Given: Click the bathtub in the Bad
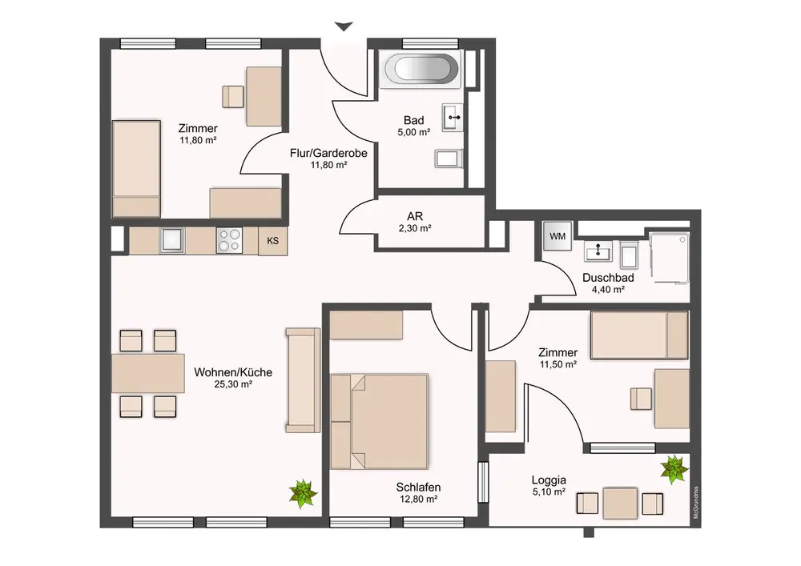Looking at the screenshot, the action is pyautogui.click(x=423, y=68).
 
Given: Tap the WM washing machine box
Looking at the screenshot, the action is pyautogui.click(x=557, y=236).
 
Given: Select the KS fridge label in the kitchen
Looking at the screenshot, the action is pyautogui.click(x=273, y=240).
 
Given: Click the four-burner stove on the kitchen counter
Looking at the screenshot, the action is pyautogui.click(x=229, y=240).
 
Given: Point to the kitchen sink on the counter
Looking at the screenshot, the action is pyautogui.click(x=172, y=240).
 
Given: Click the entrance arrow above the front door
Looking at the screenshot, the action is pyautogui.click(x=344, y=26).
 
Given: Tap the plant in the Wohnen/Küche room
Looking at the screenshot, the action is pyautogui.click(x=303, y=493).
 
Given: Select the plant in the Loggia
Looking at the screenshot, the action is pyautogui.click(x=674, y=470).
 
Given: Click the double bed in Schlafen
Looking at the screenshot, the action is pyautogui.click(x=379, y=422).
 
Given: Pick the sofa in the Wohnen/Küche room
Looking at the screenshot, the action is pyautogui.click(x=303, y=379).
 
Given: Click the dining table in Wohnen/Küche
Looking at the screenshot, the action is pyautogui.click(x=148, y=373).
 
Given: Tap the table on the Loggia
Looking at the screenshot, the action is pyautogui.click(x=620, y=504).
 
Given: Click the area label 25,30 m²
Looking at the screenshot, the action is pyautogui.click(x=233, y=384).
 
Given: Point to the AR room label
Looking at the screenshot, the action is pyautogui.click(x=415, y=217).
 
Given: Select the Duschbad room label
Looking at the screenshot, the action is pyautogui.click(x=608, y=278).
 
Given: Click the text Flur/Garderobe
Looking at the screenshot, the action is pyautogui.click(x=328, y=153).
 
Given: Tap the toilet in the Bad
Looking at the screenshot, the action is pyautogui.click(x=449, y=159).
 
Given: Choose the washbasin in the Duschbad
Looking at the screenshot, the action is pyautogui.click(x=598, y=251).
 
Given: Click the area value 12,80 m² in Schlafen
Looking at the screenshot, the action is pyautogui.click(x=418, y=499).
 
